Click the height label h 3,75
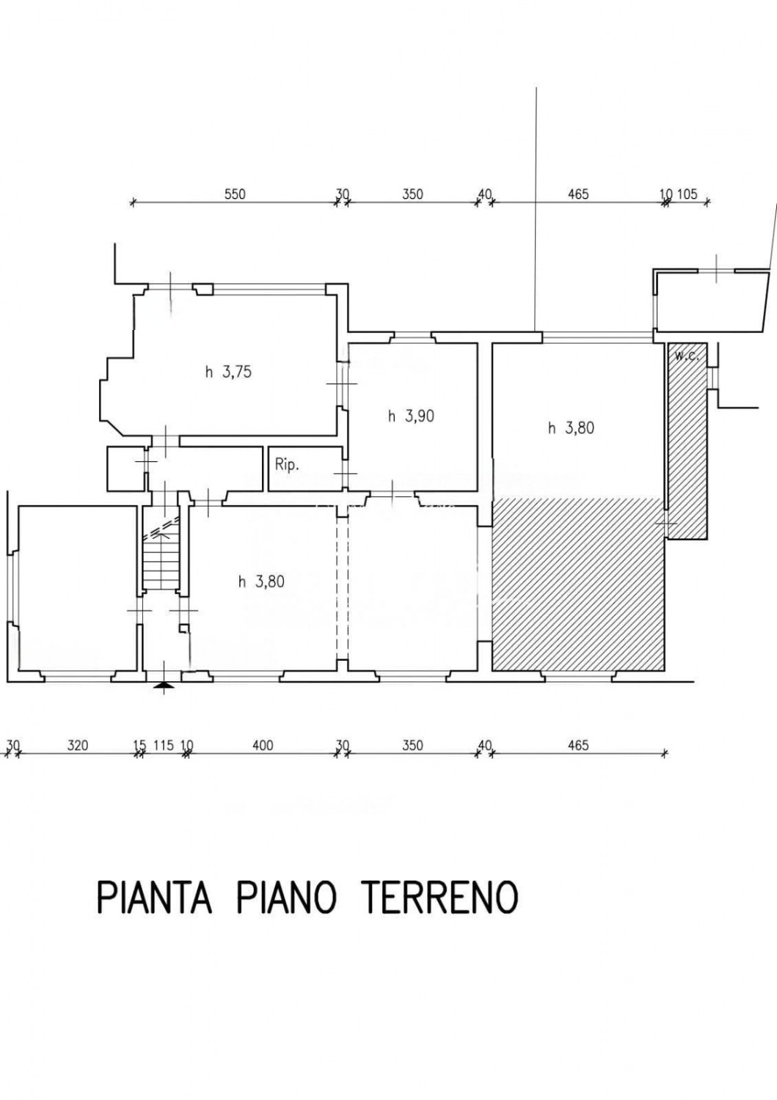tap(228, 373)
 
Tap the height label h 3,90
tap(411, 417)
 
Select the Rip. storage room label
tap(287, 466)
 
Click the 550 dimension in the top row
tap(235, 194)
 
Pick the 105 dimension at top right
tap(687, 194)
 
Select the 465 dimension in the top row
tap(578, 194)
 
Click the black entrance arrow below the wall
tap(163, 686)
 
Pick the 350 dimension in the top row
tap(412, 194)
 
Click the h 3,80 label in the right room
tap(571, 428)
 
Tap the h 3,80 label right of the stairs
tap(261, 582)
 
